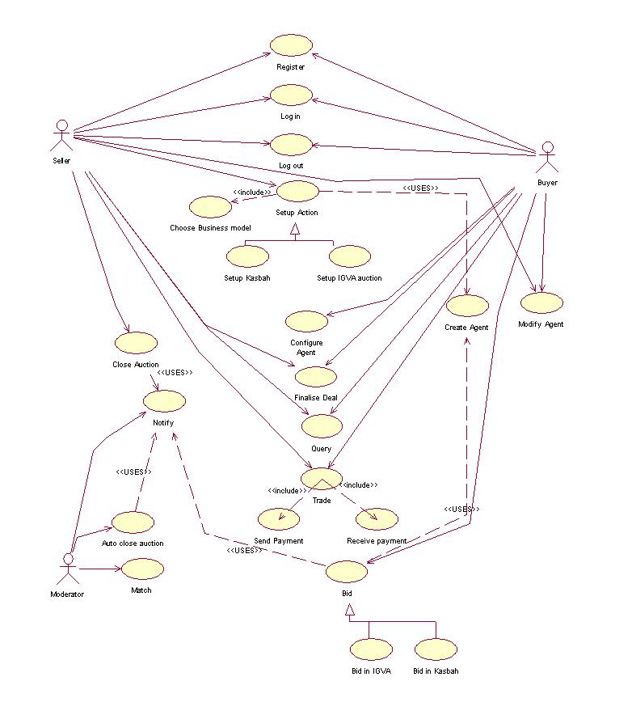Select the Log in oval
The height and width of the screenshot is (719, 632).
[291, 95]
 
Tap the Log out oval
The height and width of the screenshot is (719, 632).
[291, 145]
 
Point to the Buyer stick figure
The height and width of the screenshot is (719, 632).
[547, 156]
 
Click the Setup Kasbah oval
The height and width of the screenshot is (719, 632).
[247, 256]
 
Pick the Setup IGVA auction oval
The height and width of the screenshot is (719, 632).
[350, 256]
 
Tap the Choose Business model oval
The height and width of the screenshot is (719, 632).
[210, 206]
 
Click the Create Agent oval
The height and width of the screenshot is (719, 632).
[467, 306]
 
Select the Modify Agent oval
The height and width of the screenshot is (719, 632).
[541, 303]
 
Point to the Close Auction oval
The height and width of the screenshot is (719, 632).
[136, 343]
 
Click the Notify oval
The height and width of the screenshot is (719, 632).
[164, 400]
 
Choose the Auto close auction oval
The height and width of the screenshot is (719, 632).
[133, 522]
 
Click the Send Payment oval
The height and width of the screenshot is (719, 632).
[278, 518]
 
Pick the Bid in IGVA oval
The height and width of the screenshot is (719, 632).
[371, 649]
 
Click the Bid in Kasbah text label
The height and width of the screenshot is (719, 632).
[436, 671]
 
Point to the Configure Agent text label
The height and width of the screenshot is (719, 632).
[306, 348]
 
